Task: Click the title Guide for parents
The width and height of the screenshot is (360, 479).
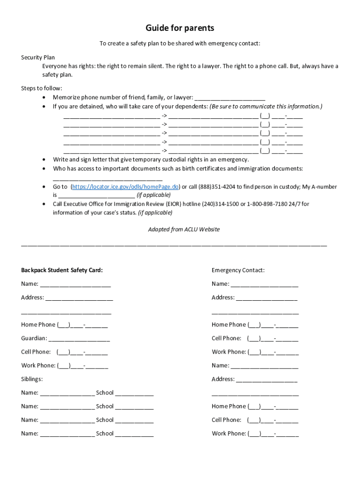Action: (x=180, y=28)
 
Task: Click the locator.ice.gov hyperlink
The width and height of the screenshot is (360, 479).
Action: (x=125, y=187)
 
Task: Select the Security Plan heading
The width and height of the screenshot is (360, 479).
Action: (x=38, y=58)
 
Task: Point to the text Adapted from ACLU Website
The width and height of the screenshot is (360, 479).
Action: (x=184, y=229)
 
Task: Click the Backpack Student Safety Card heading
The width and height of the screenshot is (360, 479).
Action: (x=62, y=270)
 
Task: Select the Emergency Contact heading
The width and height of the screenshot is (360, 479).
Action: (x=238, y=270)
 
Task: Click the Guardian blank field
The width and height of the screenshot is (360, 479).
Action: (x=79, y=339)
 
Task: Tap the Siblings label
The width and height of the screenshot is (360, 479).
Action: (x=32, y=379)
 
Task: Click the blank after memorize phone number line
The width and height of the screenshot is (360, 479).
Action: (x=230, y=98)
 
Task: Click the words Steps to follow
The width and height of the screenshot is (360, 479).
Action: (x=42, y=88)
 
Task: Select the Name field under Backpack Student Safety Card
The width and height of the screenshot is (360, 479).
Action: (x=75, y=284)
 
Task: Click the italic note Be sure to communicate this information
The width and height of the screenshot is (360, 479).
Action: (x=266, y=106)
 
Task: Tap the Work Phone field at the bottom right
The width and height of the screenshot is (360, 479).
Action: (x=273, y=434)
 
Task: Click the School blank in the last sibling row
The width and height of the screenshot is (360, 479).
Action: (x=134, y=434)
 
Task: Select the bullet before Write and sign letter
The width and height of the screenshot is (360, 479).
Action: (x=44, y=160)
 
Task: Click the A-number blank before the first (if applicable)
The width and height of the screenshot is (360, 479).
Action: (x=97, y=196)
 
